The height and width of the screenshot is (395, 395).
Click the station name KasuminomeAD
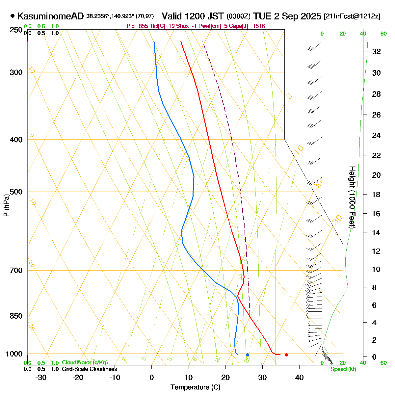click(51, 16)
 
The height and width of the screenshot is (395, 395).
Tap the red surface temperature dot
click(286, 355)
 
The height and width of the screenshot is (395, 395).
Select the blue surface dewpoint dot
click(248, 355)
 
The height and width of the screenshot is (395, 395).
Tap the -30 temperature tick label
click(41, 378)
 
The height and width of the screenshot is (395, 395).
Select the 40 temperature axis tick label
click(299, 378)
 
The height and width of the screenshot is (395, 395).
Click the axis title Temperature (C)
click(196, 387)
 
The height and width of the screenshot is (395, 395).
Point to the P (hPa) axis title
click(6, 205)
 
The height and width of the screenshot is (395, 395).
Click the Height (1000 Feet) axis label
click(352, 197)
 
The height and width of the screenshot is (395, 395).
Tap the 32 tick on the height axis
click(376, 51)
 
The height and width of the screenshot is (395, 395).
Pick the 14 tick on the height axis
click(376, 233)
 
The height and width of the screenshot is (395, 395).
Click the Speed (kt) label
click(343, 369)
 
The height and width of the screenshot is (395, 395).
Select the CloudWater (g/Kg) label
click(85, 362)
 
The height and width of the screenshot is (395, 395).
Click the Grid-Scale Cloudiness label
click(89, 369)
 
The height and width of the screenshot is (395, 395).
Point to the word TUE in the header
click(263, 16)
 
